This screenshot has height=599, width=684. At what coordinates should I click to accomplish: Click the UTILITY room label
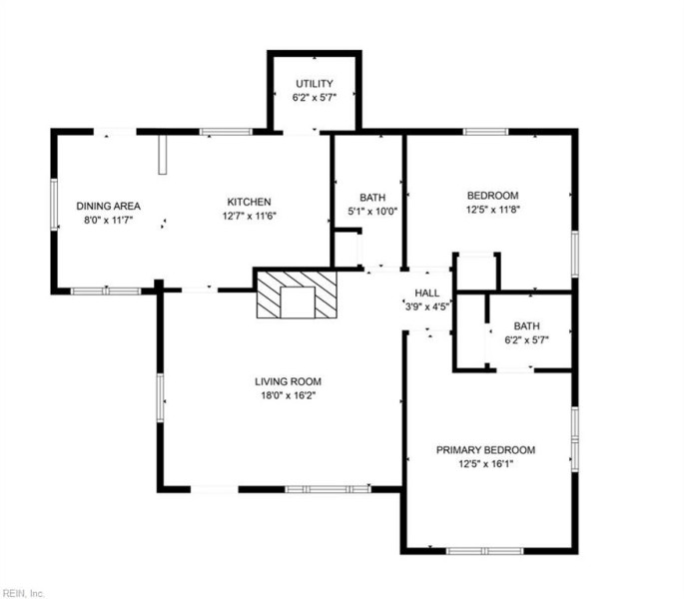[315, 83]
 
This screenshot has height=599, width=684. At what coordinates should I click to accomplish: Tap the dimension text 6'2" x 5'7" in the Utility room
[315, 97]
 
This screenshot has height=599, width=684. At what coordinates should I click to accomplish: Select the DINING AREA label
[108, 206]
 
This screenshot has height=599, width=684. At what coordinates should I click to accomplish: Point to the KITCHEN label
[249, 202]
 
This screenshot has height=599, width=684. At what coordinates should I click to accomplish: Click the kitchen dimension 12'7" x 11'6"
[249, 216]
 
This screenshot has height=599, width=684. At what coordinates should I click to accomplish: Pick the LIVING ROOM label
[288, 381]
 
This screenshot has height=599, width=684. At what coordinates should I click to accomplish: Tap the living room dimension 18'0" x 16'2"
[288, 395]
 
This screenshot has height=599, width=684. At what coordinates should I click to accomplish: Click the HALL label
[426, 293]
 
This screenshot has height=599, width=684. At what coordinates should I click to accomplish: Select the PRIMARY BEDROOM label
[485, 450]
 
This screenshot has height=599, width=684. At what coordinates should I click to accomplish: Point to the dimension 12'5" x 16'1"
[485, 464]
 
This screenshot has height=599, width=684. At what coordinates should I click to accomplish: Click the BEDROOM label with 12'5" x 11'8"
[493, 196]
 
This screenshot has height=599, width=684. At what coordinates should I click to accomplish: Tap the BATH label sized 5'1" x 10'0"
[372, 198]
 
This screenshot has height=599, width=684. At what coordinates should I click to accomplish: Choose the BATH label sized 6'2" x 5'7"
[526, 325]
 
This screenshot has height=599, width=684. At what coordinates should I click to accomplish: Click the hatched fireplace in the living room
[297, 295]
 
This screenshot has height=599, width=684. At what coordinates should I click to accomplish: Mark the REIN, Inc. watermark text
[23, 593]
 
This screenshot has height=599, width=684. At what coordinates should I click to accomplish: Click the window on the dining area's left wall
[54, 205]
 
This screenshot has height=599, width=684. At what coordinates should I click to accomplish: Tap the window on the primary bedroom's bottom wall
[484, 551]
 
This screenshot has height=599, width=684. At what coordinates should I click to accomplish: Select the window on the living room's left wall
[160, 397]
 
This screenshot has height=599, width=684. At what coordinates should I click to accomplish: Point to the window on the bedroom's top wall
[485, 132]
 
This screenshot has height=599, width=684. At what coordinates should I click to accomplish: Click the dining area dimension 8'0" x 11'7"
[108, 220]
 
